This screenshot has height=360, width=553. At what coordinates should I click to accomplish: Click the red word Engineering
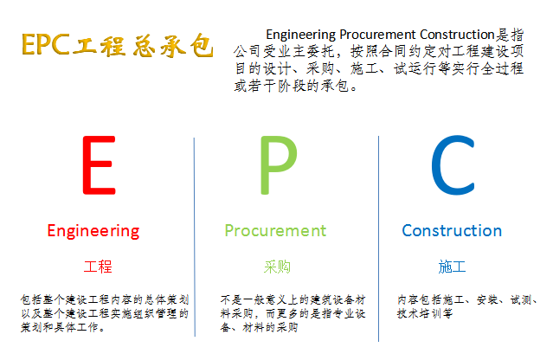[x=93, y=232]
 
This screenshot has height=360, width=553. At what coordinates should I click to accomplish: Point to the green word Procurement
[x=275, y=231]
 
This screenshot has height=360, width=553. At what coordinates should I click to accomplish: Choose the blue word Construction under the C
[x=452, y=231]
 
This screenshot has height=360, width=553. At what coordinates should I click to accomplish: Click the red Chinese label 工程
[x=98, y=267]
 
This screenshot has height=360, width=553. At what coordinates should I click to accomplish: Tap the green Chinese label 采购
[x=277, y=267]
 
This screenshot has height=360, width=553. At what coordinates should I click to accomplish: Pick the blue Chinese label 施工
[x=452, y=267]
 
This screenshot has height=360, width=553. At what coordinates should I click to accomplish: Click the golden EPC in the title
[x=46, y=45]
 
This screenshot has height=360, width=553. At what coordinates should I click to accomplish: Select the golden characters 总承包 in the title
[x=173, y=46]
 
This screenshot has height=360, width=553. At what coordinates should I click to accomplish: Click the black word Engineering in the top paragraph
[x=301, y=35]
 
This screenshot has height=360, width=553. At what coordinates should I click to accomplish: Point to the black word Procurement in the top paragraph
[x=377, y=35]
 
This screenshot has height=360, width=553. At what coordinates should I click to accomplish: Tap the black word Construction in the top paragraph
[x=457, y=35]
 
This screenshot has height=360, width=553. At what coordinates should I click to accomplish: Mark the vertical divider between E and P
[x=195, y=237]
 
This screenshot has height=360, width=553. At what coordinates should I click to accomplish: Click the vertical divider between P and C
[x=378, y=239]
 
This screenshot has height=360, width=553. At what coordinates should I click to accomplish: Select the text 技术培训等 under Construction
[x=425, y=313]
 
